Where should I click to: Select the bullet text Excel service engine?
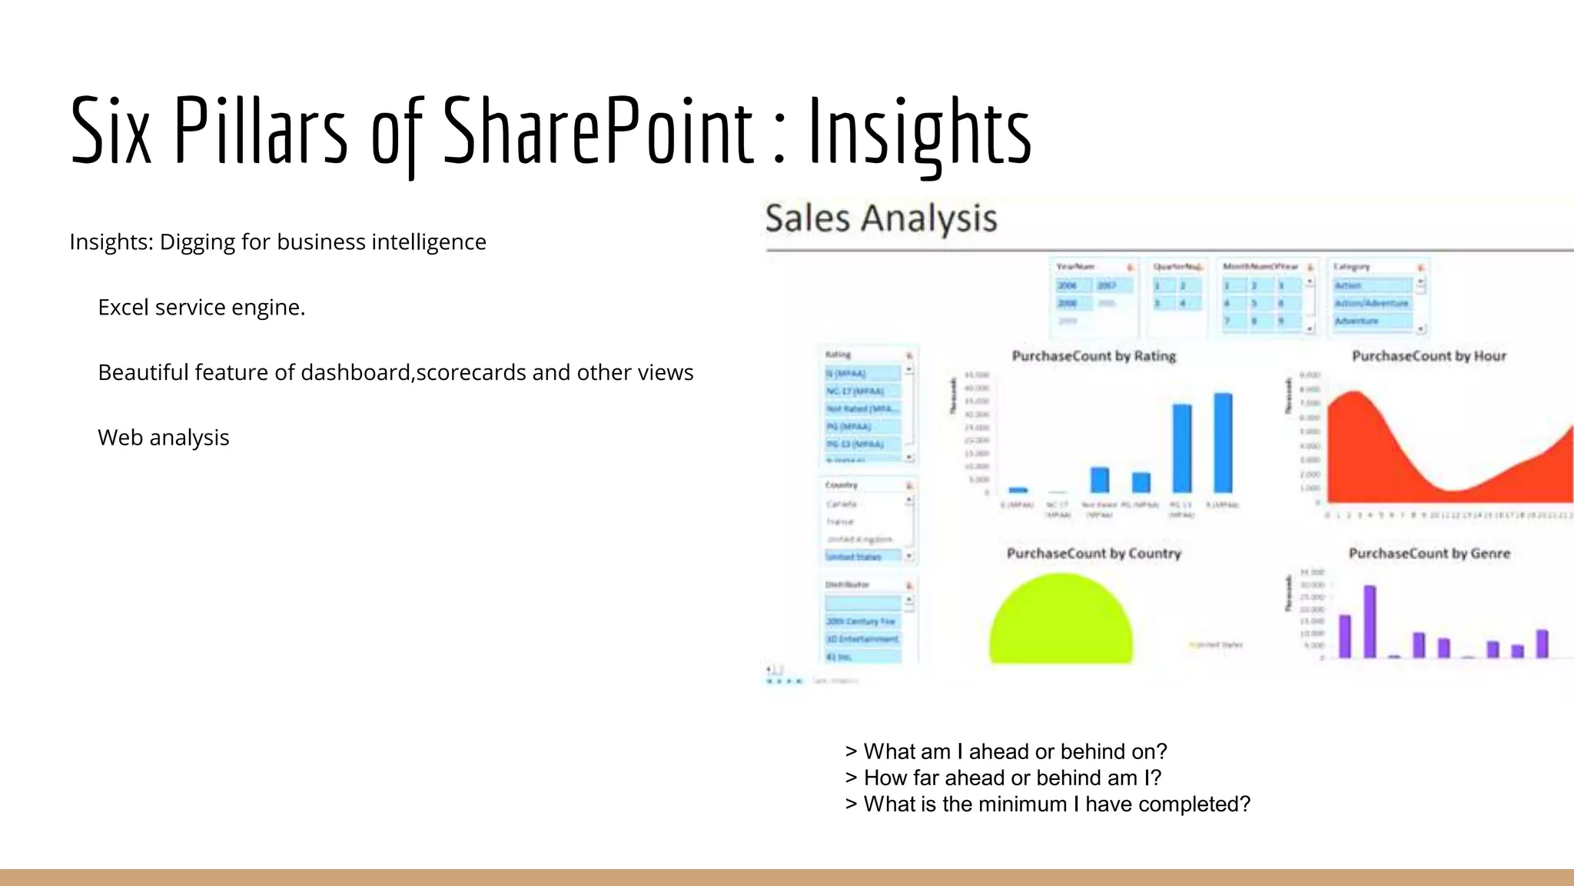[x=201, y=308]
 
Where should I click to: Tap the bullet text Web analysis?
[x=164, y=438]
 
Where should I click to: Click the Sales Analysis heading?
[x=881, y=218]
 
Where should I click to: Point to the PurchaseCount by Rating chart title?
[x=1094, y=356]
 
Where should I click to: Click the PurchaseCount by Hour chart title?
[x=1429, y=356]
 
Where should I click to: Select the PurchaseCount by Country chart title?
[x=1094, y=554]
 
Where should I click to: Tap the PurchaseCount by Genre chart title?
[x=1430, y=554]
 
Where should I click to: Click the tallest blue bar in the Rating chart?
[x=1223, y=443]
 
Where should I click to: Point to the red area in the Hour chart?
[x=1368, y=454]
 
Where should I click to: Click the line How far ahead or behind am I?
[x=1004, y=778]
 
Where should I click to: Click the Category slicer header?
[x=1353, y=267]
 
